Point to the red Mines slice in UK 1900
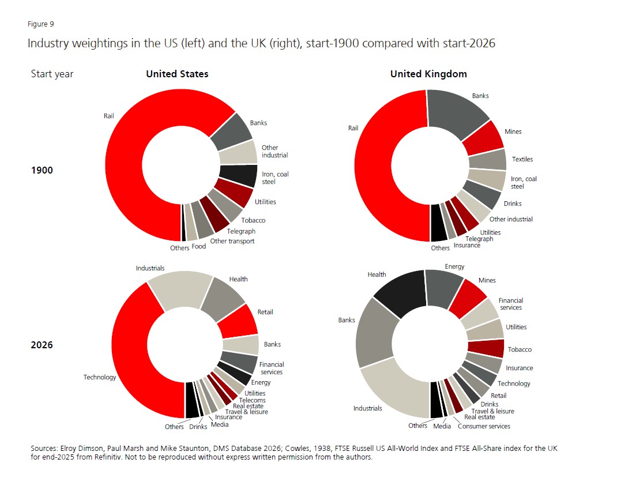point(486,137)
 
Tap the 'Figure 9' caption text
point(40,24)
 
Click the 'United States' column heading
point(177,74)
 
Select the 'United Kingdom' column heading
point(428,74)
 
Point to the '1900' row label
point(42,170)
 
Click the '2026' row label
point(42,345)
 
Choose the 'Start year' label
point(52,74)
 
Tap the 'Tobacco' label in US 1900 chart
point(253,220)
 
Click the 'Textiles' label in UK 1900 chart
point(522,159)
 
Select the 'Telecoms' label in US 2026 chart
point(252,400)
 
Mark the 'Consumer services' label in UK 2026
point(484,426)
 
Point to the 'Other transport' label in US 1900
point(232,241)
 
